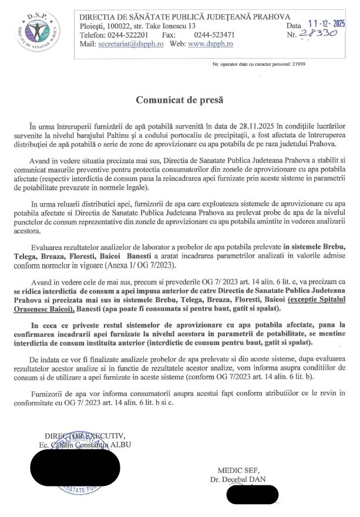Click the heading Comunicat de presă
coord(180,100)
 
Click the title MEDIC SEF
coord(240,471)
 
